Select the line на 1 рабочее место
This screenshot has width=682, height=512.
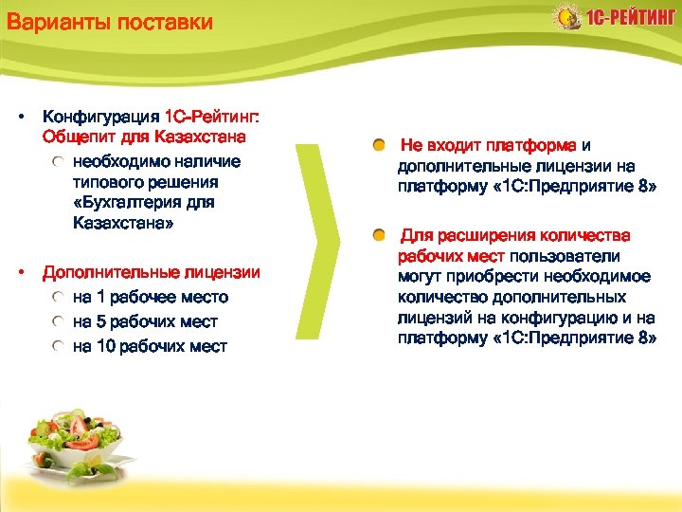(x=151, y=297)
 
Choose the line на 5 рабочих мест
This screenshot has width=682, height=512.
(x=145, y=321)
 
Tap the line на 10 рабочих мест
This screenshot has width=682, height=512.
(x=150, y=346)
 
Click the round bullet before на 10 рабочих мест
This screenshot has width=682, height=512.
(x=59, y=346)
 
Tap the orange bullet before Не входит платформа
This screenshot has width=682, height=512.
(x=379, y=145)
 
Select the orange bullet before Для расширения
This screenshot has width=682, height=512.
(x=379, y=234)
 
